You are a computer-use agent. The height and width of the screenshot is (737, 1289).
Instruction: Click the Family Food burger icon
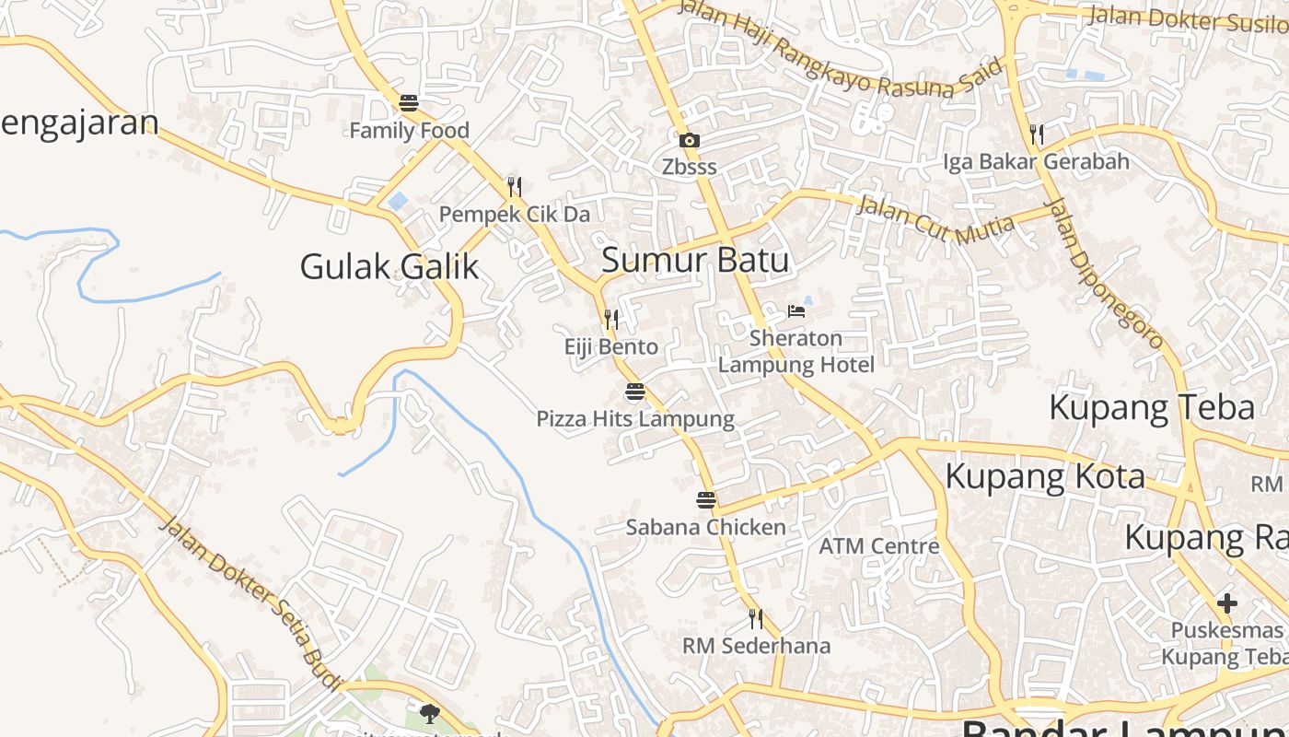coord(409,102)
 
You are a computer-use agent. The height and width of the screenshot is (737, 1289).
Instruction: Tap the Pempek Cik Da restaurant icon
coord(514,187)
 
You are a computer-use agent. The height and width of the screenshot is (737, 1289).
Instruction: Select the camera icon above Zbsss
coord(689,140)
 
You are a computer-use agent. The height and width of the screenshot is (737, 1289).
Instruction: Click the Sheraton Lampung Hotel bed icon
coord(795,311)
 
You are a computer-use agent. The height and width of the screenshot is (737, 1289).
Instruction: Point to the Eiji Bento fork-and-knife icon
coord(610,320)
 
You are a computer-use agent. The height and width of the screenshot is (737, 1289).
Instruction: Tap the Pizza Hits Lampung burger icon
coord(635,392)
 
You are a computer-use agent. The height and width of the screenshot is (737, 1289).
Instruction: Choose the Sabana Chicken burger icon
coord(706,500)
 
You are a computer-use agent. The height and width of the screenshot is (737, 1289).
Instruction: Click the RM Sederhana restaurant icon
coord(756,618)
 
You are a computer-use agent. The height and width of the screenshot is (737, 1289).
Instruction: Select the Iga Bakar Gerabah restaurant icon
coord(1037,135)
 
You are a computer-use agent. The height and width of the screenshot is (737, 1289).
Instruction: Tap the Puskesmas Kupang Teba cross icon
coord(1226,603)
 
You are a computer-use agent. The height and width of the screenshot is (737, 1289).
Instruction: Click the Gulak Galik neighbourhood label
coord(389,266)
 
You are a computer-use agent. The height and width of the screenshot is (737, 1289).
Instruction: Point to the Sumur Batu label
coord(695,260)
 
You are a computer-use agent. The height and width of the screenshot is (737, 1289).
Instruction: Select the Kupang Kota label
coord(1045,476)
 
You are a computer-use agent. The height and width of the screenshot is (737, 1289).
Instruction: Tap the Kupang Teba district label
coord(1152,406)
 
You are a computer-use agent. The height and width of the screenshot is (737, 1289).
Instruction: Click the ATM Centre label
coord(879,545)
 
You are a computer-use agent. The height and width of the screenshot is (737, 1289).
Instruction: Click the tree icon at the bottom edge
coord(429,712)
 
